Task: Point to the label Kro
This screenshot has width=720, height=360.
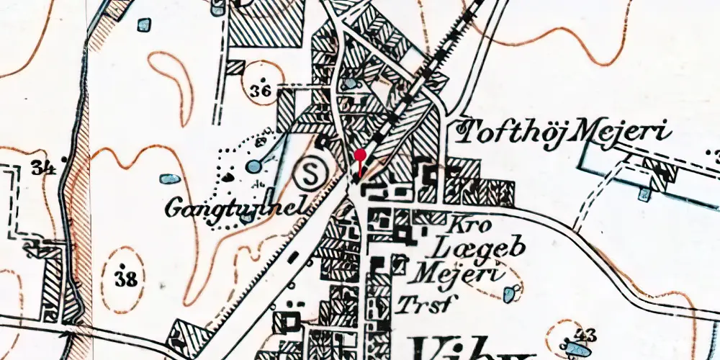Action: click(x=472, y=225)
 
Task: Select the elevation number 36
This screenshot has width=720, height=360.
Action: click(x=263, y=91)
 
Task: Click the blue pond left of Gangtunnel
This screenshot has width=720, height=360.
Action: click(x=170, y=179)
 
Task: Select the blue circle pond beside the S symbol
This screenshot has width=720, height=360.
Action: click(x=253, y=167)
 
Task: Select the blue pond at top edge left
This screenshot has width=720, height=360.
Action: click(x=145, y=27)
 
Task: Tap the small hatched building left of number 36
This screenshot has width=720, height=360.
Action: click(x=234, y=68)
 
